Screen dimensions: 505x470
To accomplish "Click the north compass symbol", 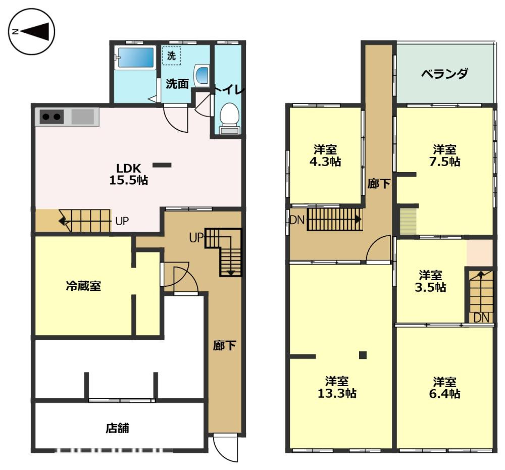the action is coord(31,31).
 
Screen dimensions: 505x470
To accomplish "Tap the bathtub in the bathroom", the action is coord(135,58).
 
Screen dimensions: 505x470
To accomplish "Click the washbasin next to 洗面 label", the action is coord(201,75).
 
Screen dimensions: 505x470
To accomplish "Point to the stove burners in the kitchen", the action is coord(52,117).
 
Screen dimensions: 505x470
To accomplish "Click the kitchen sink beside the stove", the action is coord(83,117).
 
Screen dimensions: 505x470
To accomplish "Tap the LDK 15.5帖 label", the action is coord(128,174).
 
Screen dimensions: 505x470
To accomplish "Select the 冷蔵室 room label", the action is coord(83,286).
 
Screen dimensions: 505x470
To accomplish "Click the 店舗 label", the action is coord(118,428).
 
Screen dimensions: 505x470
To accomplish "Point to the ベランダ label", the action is coord(445,74).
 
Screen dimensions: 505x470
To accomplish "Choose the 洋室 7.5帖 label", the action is coord(445,155).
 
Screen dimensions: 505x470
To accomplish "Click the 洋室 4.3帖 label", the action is coord(325,155).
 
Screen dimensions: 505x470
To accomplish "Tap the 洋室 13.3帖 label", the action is coord(337,388).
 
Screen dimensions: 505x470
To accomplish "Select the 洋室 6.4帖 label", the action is coord(445,388).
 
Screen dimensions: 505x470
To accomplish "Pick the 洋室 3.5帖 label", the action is coord(431,281).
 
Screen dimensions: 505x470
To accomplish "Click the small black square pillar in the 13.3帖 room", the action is coord(363,355).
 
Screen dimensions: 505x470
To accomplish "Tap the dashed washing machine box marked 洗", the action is coord(171,56).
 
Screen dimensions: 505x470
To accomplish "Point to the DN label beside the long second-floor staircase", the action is coord(297,220).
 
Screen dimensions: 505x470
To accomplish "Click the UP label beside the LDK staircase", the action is coord(122,221).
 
